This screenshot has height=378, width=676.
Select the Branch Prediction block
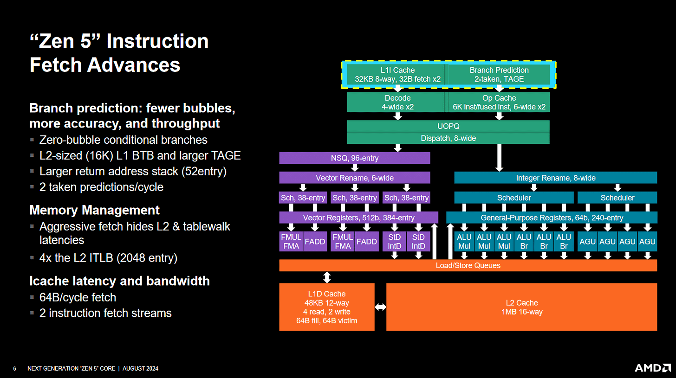pos(499,75)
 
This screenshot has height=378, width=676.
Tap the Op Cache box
pos(499,103)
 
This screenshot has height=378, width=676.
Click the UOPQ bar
pos(448,126)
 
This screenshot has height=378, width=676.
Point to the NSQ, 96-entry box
pos(355,158)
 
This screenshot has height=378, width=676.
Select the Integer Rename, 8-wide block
pos(555,178)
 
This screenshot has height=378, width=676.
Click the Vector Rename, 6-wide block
pos(355,178)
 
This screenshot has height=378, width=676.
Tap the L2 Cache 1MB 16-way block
pos(521,307)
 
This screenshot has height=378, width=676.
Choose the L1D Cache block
pos(327,307)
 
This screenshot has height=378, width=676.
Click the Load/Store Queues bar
pos(468,265)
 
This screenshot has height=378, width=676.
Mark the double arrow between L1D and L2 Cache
pos(380,307)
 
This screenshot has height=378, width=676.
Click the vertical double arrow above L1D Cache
pos(327,277)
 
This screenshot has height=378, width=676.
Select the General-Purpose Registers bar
pos(552,218)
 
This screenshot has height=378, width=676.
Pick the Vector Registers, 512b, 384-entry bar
pos(358,218)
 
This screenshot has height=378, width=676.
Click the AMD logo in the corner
pos(652,368)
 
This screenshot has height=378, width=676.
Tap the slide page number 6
pos(15,369)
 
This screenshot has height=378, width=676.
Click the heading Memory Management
pos(94,210)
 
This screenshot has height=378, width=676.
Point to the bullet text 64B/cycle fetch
pos(78,297)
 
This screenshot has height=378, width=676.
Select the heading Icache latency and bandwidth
pos(119,281)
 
